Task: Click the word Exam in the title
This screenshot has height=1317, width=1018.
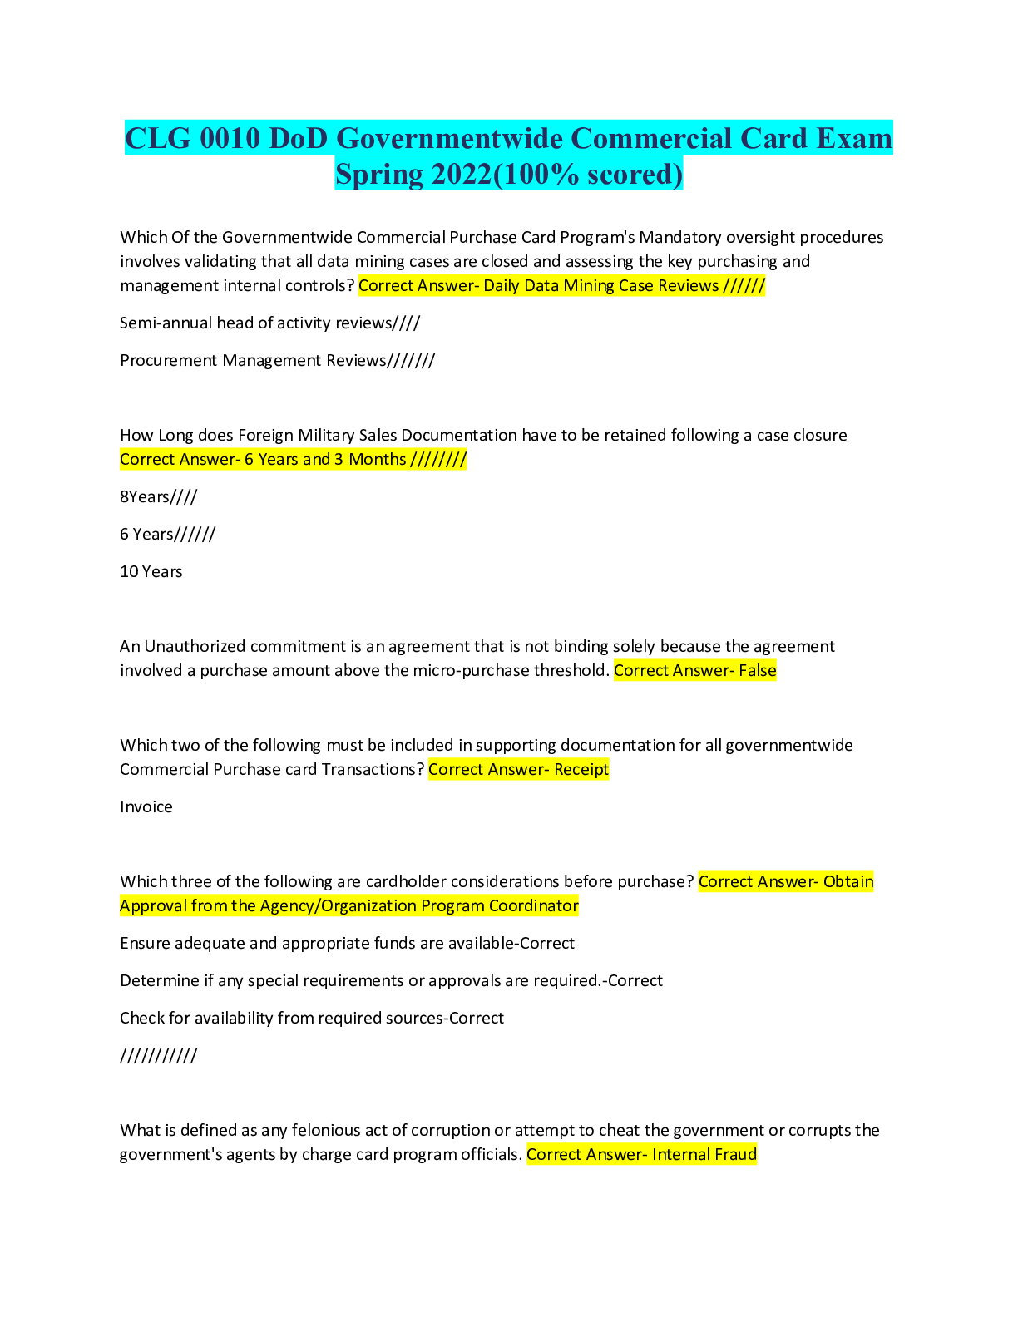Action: click(x=853, y=138)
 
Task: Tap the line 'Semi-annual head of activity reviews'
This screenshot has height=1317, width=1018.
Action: click(x=269, y=323)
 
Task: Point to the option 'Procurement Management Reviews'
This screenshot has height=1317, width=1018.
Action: click(x=277, y=360)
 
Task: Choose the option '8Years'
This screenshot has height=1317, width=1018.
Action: click(x=158, y=497)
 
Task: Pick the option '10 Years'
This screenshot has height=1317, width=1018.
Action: click(x=151, y=572)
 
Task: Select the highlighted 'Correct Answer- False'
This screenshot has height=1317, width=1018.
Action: click(x=694, y=671)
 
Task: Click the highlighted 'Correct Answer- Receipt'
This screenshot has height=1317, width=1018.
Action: click(x=519, y=770)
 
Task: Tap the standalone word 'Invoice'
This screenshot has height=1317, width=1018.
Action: click(x=146, y=807)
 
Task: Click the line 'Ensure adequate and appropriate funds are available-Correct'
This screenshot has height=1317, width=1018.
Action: click(x=347, y=944)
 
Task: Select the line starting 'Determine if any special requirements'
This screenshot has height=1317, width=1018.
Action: click(x=391, y=981)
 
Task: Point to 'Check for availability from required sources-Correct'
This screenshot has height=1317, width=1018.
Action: click(x=312, y=1019)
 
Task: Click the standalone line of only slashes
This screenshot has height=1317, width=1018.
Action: click(x=158, y=1056)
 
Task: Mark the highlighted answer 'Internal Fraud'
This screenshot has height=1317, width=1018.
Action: click(x=704, y=1155)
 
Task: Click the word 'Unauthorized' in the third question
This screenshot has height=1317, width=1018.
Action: click(x=195, y=647)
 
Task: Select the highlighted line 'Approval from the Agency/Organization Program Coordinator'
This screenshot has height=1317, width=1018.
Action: click(x=349, y=906)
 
